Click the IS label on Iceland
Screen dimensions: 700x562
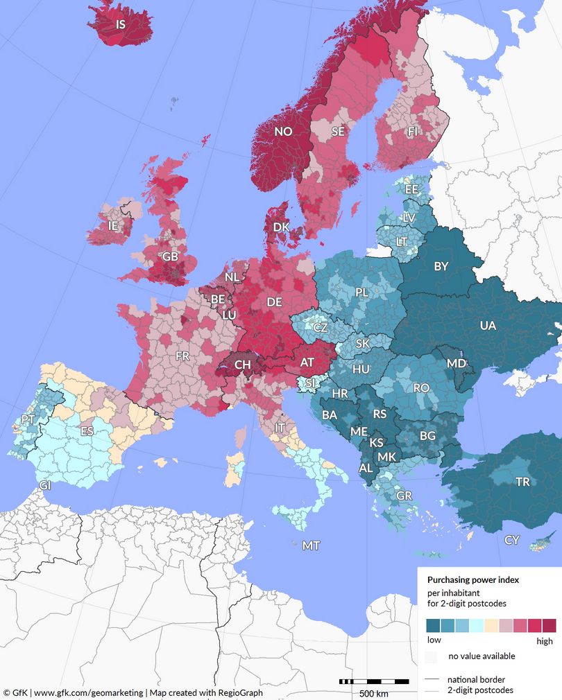[121, 24]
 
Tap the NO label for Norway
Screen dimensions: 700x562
[283, 132]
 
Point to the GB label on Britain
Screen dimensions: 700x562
[170, 256]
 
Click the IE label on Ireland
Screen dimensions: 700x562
[112, 226]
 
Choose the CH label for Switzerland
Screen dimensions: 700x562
[243, 364]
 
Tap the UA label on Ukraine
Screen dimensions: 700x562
[488, 325]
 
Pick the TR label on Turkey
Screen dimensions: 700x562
[522, 482]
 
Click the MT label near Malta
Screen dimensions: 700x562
[311, 546]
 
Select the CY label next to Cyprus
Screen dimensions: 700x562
[512, 540]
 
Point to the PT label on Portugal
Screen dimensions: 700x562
[28, 419]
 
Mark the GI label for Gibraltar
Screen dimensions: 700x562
[45, 485]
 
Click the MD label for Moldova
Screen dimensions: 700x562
[456, 364]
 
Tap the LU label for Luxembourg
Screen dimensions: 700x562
[229, 315]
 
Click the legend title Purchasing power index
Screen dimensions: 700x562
[473, 579]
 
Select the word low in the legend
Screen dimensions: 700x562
[433, 640]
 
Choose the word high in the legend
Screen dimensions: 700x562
[545, 641]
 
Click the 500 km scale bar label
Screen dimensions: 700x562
[373, 693]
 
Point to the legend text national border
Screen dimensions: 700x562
[476, 679]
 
